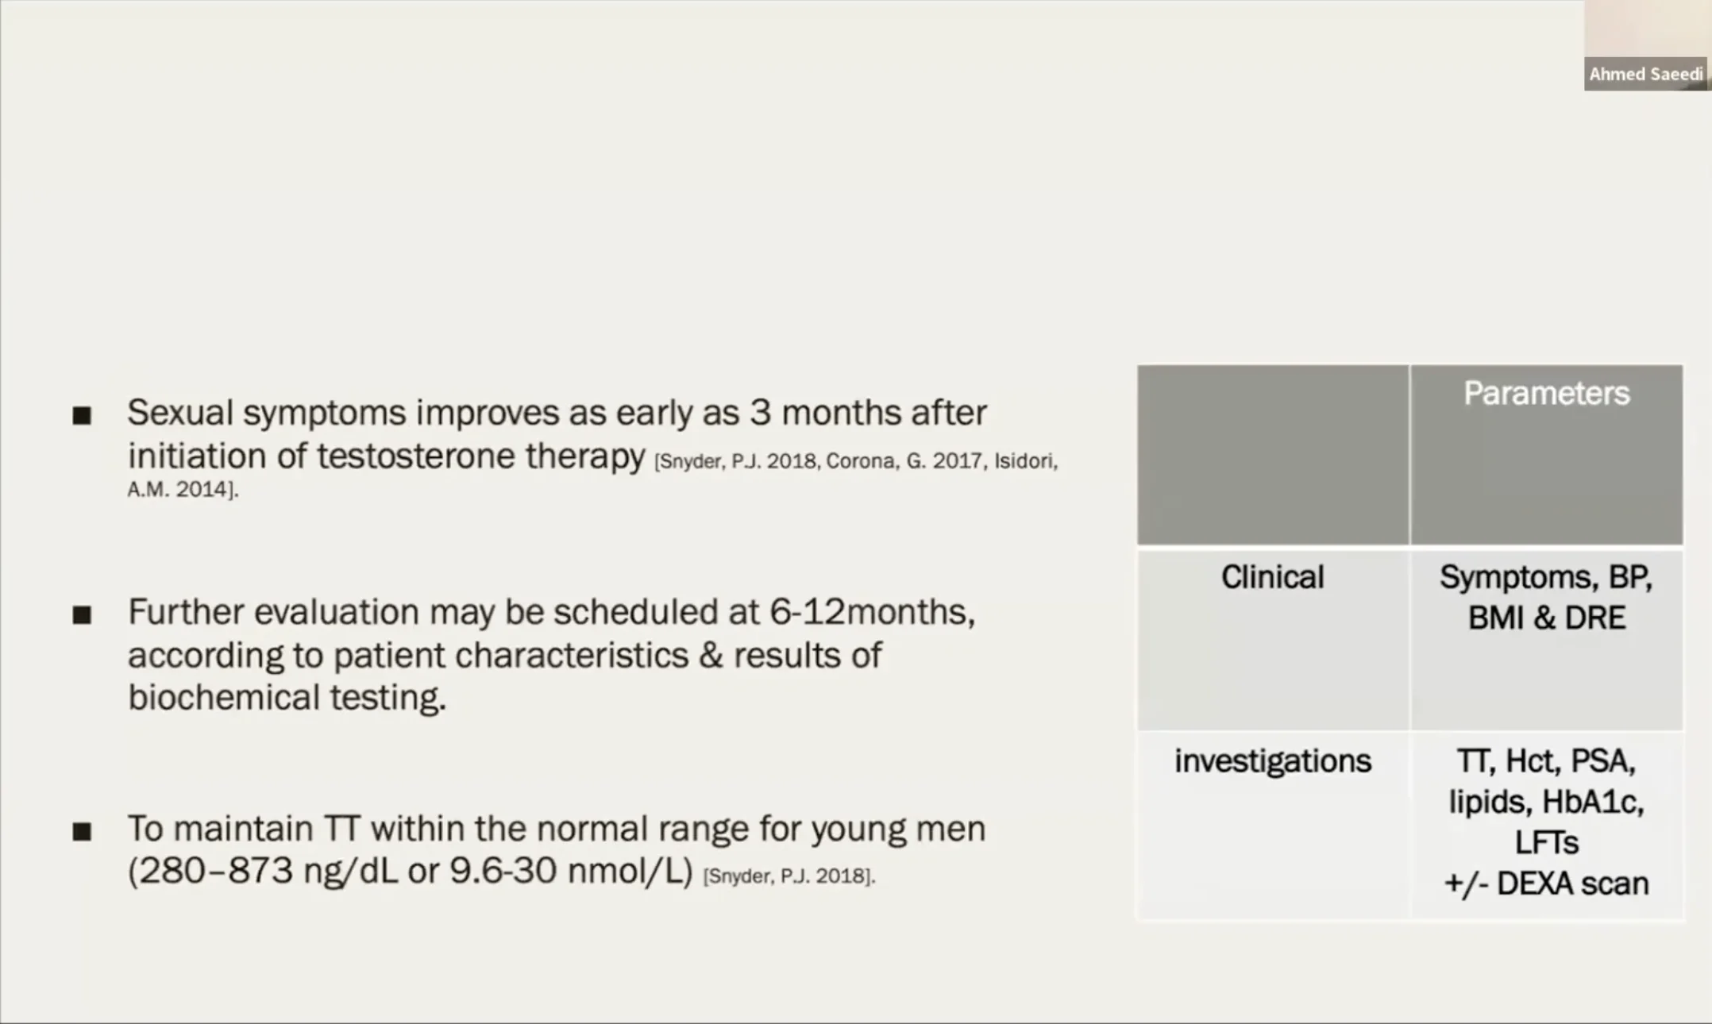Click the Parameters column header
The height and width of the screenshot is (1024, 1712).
[1546, 394]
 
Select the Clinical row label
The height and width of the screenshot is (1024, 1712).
[1272, 577]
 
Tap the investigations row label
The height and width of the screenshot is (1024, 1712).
[1272, 761]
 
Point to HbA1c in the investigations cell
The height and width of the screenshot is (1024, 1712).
[1592, 802]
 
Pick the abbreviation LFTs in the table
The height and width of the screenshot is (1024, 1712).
[1546, 842]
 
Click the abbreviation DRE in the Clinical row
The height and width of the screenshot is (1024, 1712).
[1594, 618]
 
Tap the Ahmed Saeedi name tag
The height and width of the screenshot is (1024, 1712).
[1646, 74]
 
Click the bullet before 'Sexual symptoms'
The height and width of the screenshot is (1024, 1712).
[82, 415]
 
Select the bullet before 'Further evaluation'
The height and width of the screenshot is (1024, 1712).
[82, 615]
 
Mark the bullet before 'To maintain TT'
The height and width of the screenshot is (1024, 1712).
[82, 831]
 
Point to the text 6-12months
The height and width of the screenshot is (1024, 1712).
[872, 612]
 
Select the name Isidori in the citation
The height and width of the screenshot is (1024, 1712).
[1025, 462]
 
